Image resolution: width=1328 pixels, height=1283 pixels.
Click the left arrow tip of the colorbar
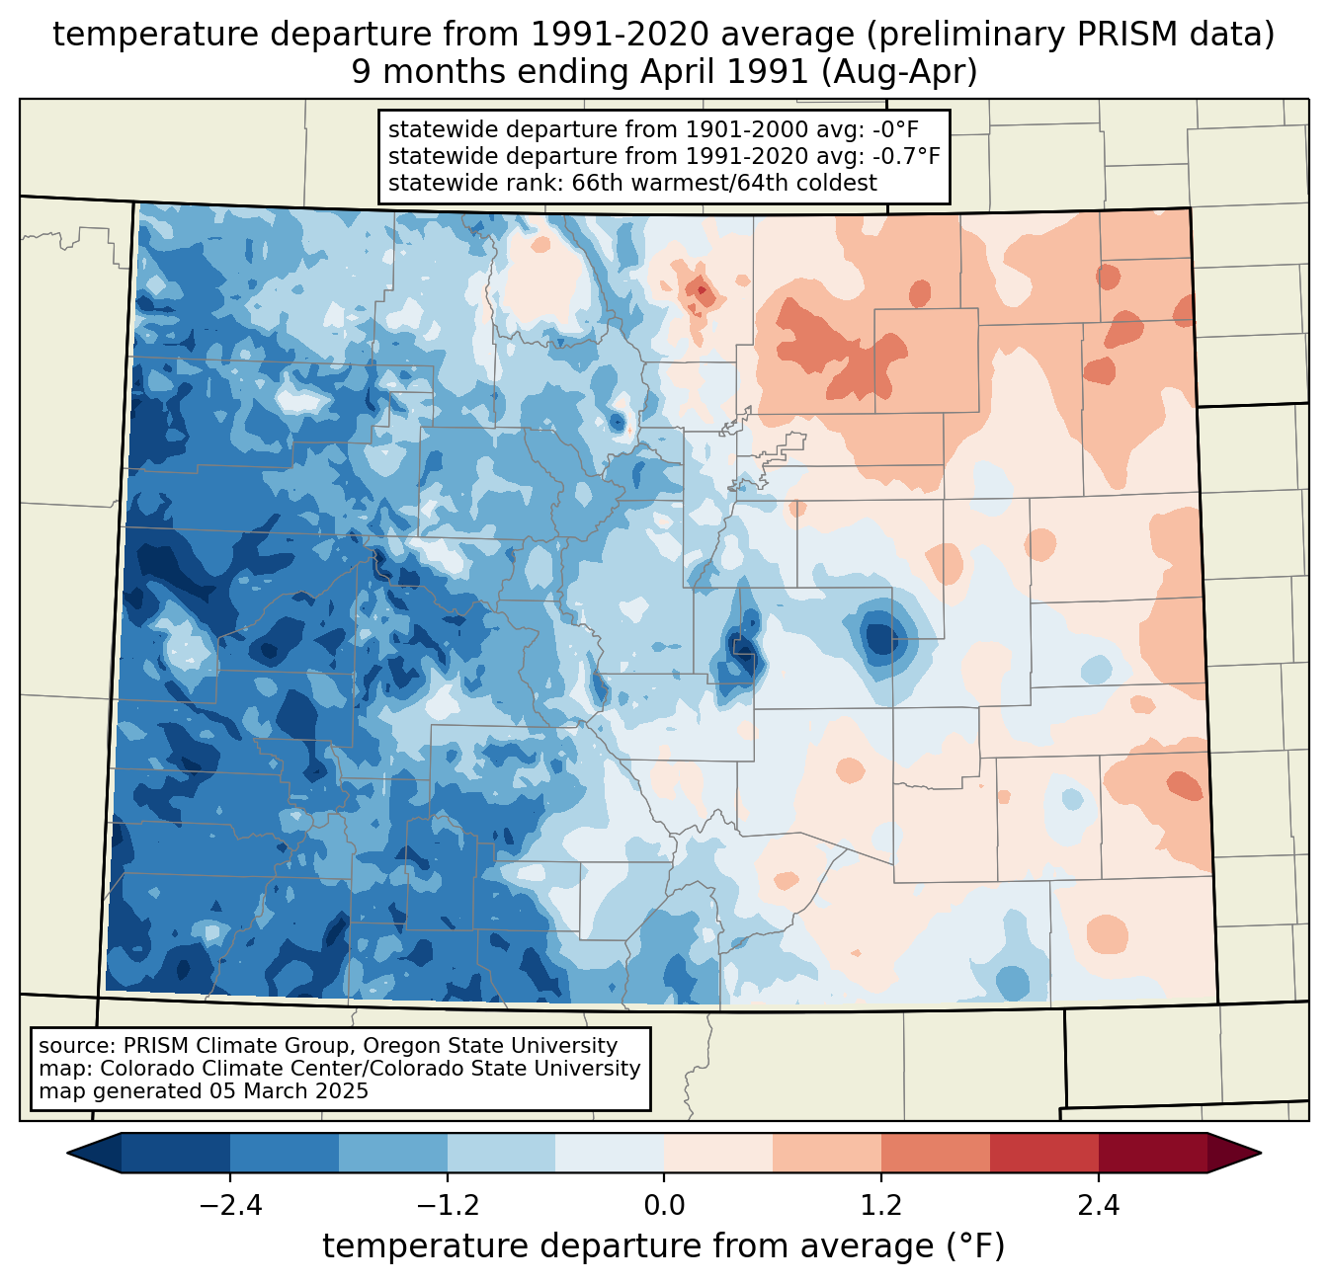click(68, 1153)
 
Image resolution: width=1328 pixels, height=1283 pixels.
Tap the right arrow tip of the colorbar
click(1261, 1153)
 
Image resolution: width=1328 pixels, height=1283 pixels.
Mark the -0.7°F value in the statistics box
click(906, 156)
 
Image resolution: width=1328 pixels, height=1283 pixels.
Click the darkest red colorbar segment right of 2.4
click(1153, 1153)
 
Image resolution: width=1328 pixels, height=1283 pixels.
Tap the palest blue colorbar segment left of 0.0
click(610, 1153)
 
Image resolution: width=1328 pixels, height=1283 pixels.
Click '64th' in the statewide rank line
click(749, 183)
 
